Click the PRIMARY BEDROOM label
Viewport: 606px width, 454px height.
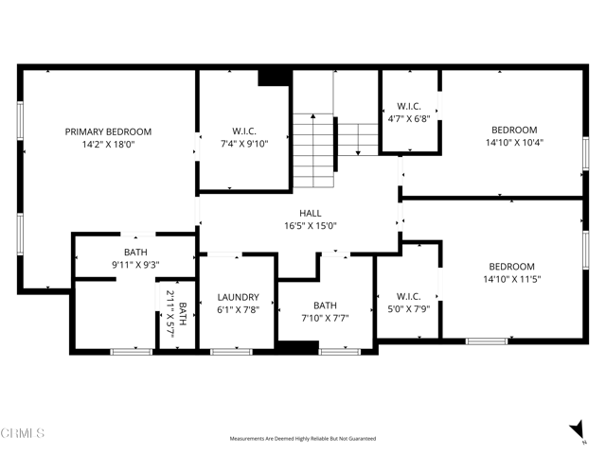pos(108,131)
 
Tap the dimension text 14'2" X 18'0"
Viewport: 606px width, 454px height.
pos(108,145)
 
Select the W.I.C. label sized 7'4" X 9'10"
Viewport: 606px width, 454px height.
pos(244,131)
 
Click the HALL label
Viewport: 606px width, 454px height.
pos(310,214)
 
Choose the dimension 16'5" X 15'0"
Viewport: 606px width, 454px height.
pos(310,226)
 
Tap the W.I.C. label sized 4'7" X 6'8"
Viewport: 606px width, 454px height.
pos(409,106)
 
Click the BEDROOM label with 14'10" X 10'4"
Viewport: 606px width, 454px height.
pos(514,131)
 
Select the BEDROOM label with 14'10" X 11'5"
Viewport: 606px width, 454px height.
pos(511,267)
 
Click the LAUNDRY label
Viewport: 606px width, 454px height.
pos(238,297)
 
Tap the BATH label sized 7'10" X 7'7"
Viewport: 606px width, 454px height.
pos(325,306)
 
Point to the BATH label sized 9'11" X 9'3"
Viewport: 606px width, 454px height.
pos(134,253)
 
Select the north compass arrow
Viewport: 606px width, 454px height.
pos(578,431)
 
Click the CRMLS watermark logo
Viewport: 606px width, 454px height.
pos(23,434)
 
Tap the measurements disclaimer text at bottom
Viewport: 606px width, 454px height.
pos(303,439)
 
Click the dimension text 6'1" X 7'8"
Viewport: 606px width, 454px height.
pos(238,309)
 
